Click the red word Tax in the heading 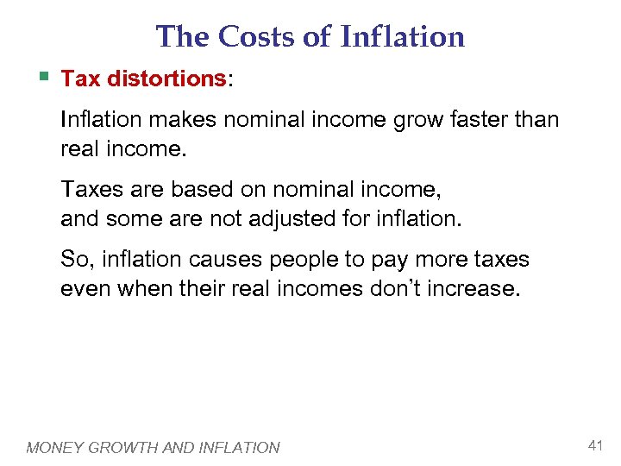click(x=79, y=79)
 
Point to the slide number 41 click(x=594, y=445)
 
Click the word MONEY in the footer click(x=54, y=447)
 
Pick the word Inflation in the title click(x=403, y=37)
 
